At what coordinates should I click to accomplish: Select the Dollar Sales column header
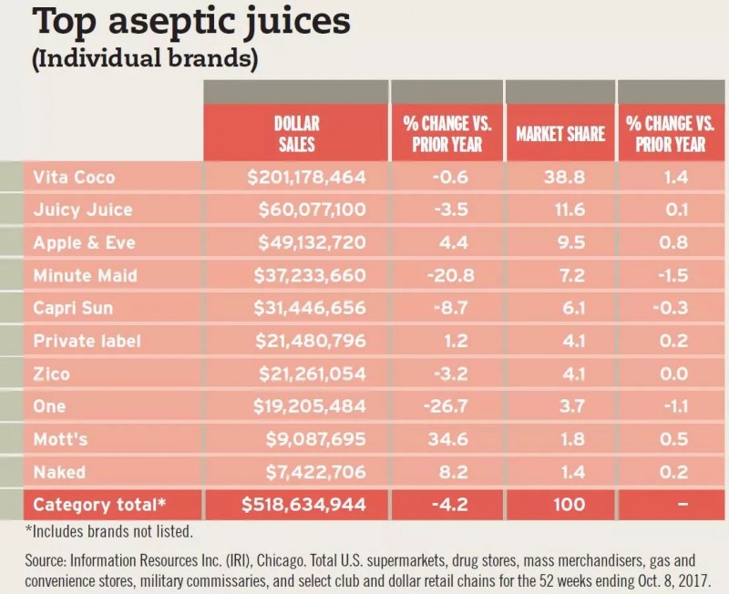(295, 133)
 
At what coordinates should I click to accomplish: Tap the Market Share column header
(560, 134)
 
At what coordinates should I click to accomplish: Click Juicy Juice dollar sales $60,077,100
(306, 210)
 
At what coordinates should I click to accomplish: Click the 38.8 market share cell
(560, 177)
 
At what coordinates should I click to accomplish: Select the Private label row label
(87, 341)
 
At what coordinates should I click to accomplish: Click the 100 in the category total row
(560, 504)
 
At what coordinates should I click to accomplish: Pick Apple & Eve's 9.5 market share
(560, 242)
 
